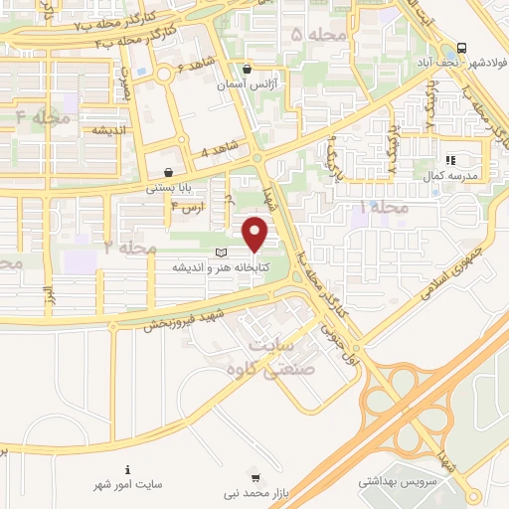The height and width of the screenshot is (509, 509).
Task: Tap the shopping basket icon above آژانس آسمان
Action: click(x=247, y=70)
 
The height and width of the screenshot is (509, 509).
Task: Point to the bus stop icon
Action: click(x=462, y=48)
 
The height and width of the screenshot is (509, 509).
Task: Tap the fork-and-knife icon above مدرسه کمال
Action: click(x=449, y=159)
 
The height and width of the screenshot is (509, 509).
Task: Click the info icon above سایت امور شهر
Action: click(x=126, y=469)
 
